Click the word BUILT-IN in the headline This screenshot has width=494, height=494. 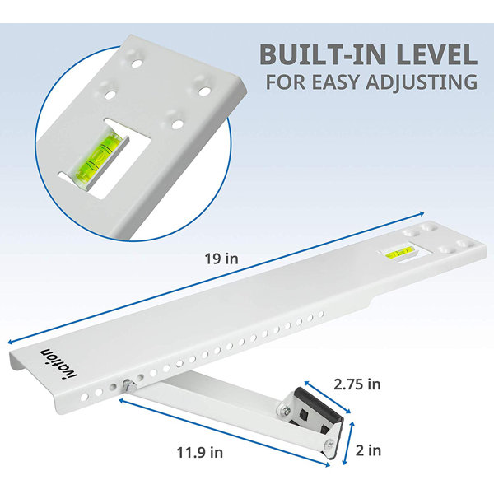click(x=324, y=54)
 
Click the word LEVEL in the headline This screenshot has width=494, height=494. click(x=437, y=54)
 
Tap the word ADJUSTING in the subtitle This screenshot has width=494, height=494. click(x=422, y=82)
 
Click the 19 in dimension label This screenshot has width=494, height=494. click(x=221, y=259)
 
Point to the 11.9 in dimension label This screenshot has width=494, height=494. click(x=200, y=453)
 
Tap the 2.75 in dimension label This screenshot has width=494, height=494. click(x=357, y=384)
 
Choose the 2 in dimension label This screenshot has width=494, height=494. click(x=368, y=450)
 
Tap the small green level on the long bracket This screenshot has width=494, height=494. click(x=399, y=252)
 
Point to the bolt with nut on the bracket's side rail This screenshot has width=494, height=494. click(x=129, y=384)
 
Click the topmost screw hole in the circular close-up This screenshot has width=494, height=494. click(x=136, y=64)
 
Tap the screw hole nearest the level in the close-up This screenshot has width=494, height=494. click(x=177, y=124)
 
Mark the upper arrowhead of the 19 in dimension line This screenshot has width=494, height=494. click(x=422, y=214)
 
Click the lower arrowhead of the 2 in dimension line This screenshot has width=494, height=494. click(x=345, y=462)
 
